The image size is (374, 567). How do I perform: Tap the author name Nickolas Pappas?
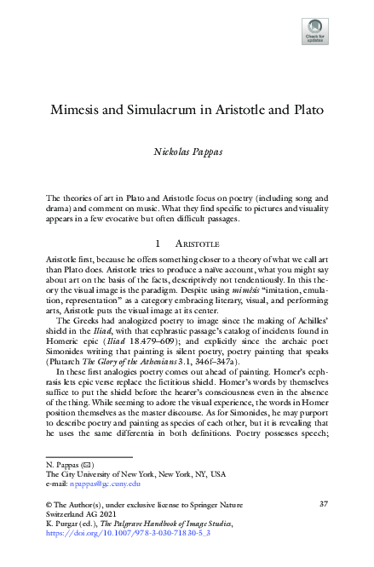[187, 150]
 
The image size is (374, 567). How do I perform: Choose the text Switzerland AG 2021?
[79, 517]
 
